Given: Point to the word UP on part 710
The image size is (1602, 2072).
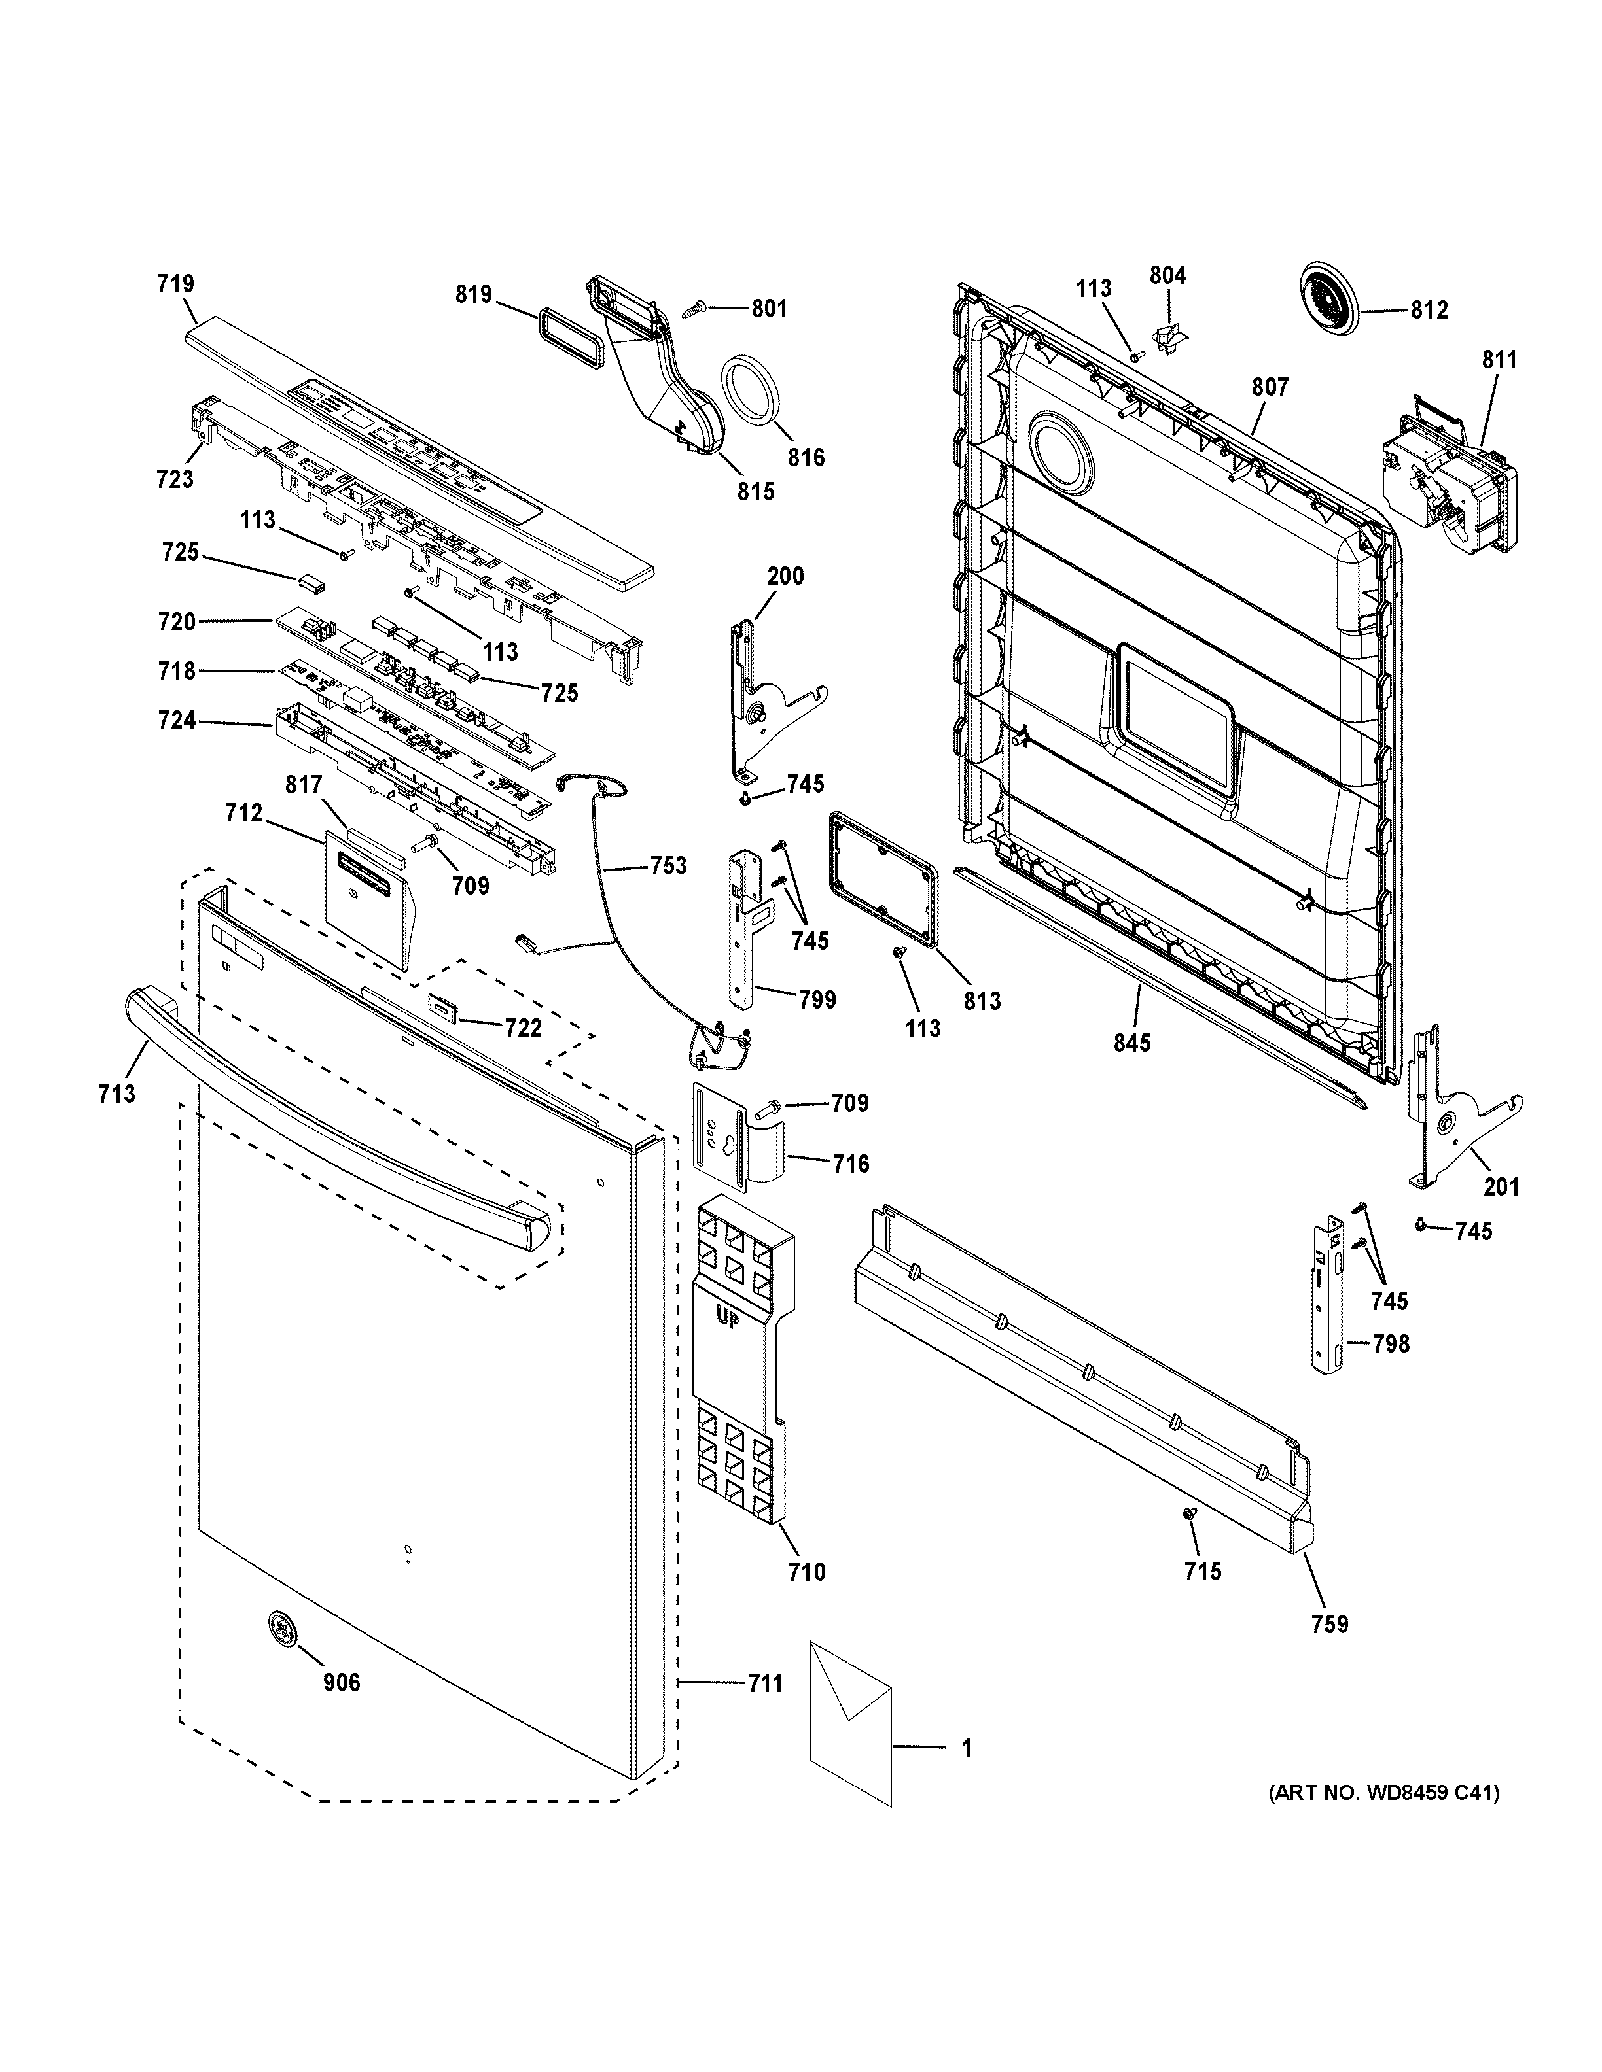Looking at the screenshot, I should (x=728, y=1319).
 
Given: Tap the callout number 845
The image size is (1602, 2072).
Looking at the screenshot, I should (x=1131, y=1043).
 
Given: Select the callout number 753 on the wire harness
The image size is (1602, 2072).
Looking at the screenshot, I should (x=668, y=865).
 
